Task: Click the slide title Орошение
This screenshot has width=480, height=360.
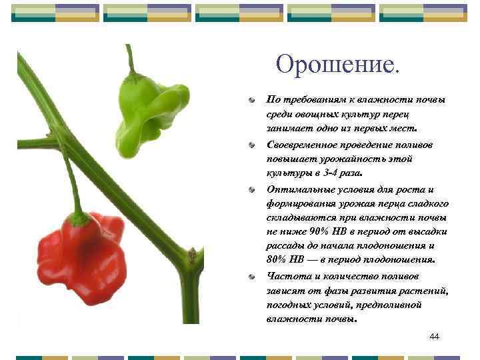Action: tap(339, 65)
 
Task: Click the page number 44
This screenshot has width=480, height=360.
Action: tap(435, 337)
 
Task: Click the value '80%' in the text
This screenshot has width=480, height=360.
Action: tap(277, 259)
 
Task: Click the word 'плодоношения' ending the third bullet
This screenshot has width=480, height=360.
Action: tap(399, 259)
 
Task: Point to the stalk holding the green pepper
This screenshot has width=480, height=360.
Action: tap(130, 60)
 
